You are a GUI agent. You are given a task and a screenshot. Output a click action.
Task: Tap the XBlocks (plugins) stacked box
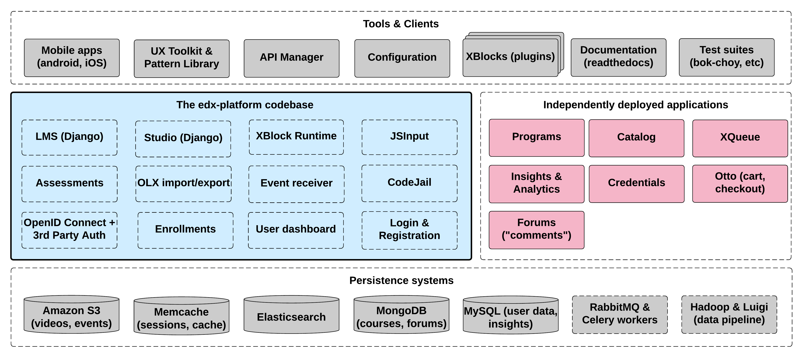click(510, 57)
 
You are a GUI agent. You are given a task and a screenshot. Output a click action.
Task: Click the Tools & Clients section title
click(401, 24)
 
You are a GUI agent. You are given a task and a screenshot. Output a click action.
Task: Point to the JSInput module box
click(409, 137)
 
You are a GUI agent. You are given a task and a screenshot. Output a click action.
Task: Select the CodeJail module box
click(409, 183)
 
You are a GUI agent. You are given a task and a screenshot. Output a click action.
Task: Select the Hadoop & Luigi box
click(729, 314)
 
